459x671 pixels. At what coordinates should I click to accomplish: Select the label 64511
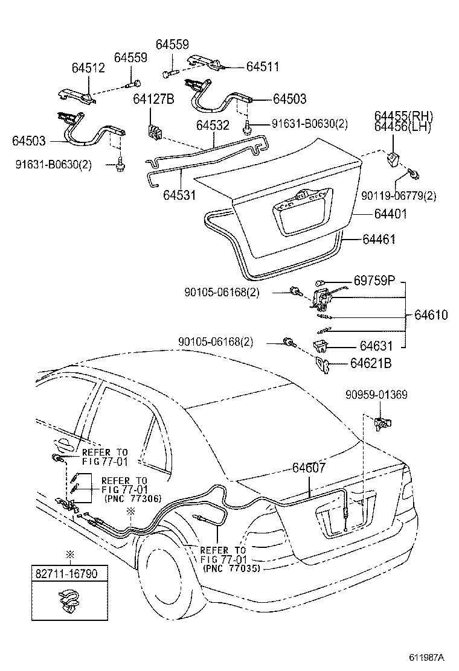coord(263,67)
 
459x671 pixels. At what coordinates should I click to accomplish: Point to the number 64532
coord(212,126)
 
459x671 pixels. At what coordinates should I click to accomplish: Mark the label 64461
coord(379,240)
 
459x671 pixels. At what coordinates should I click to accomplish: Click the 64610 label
coord(431,316)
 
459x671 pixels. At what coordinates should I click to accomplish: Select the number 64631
coord(376,346)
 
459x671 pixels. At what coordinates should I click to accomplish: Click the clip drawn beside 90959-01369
coord(382,422)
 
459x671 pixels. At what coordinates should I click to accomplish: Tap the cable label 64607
coord(309,468)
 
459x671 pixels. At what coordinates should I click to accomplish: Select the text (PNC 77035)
coord(232,568)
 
